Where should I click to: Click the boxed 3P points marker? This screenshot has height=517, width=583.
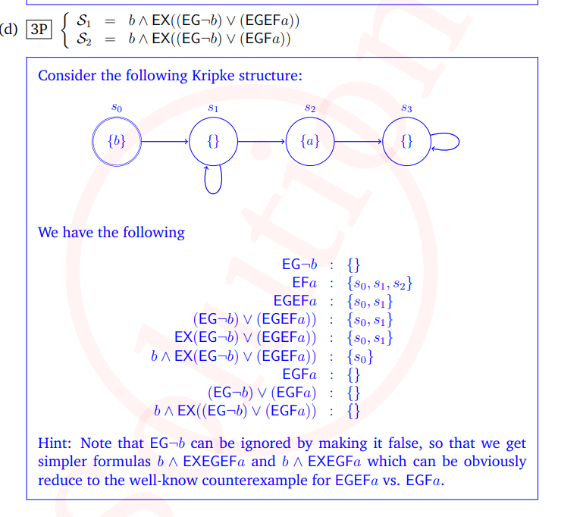tap(39, 30)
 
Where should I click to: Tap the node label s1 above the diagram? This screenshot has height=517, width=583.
tap(213, 108)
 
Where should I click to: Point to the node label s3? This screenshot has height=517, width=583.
tap(407, 108)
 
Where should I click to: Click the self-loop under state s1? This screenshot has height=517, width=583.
tap(214, 193)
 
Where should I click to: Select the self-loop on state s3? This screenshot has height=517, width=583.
tap(459, 142)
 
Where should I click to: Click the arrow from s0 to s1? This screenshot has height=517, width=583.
tap(165, 142)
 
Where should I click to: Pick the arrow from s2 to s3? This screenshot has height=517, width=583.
tap(359, 142)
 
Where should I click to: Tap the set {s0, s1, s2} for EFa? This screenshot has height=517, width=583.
tap(380, 284)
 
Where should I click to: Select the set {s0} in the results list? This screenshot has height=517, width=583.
tap(360, 357)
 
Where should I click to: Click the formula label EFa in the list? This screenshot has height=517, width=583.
tap(305, 283)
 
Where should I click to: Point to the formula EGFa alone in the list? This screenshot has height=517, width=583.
tap(299, 374)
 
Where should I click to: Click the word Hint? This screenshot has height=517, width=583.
tap(55, 443)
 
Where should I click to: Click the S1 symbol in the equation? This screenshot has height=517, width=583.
tap(83, 20)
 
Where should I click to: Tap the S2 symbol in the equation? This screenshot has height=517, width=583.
tap(83, 39)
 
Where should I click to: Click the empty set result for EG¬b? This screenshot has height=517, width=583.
tap(353, 265)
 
